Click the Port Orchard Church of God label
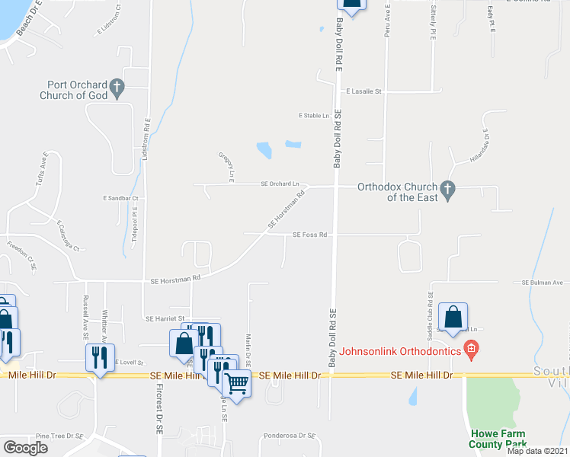(x=72, y=90)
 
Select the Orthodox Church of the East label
(x=399, y=193)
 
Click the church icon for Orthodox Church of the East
(x=447, y=190)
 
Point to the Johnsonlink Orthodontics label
(x=401, y=351)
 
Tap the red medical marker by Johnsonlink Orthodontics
(x=471, y=350)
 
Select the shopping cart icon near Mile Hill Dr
(x=237, y=383)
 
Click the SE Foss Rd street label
(x=309, y=235)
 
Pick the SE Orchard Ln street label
(x=280, y=184)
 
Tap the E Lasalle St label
(x=363, y=91)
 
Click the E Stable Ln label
(x=314, y=116)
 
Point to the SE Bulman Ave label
(x=542, y=283)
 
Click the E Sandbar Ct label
(x=120, y=198)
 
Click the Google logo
(x=25, y=447)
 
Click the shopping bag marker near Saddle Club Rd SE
(x=453, y=317)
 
